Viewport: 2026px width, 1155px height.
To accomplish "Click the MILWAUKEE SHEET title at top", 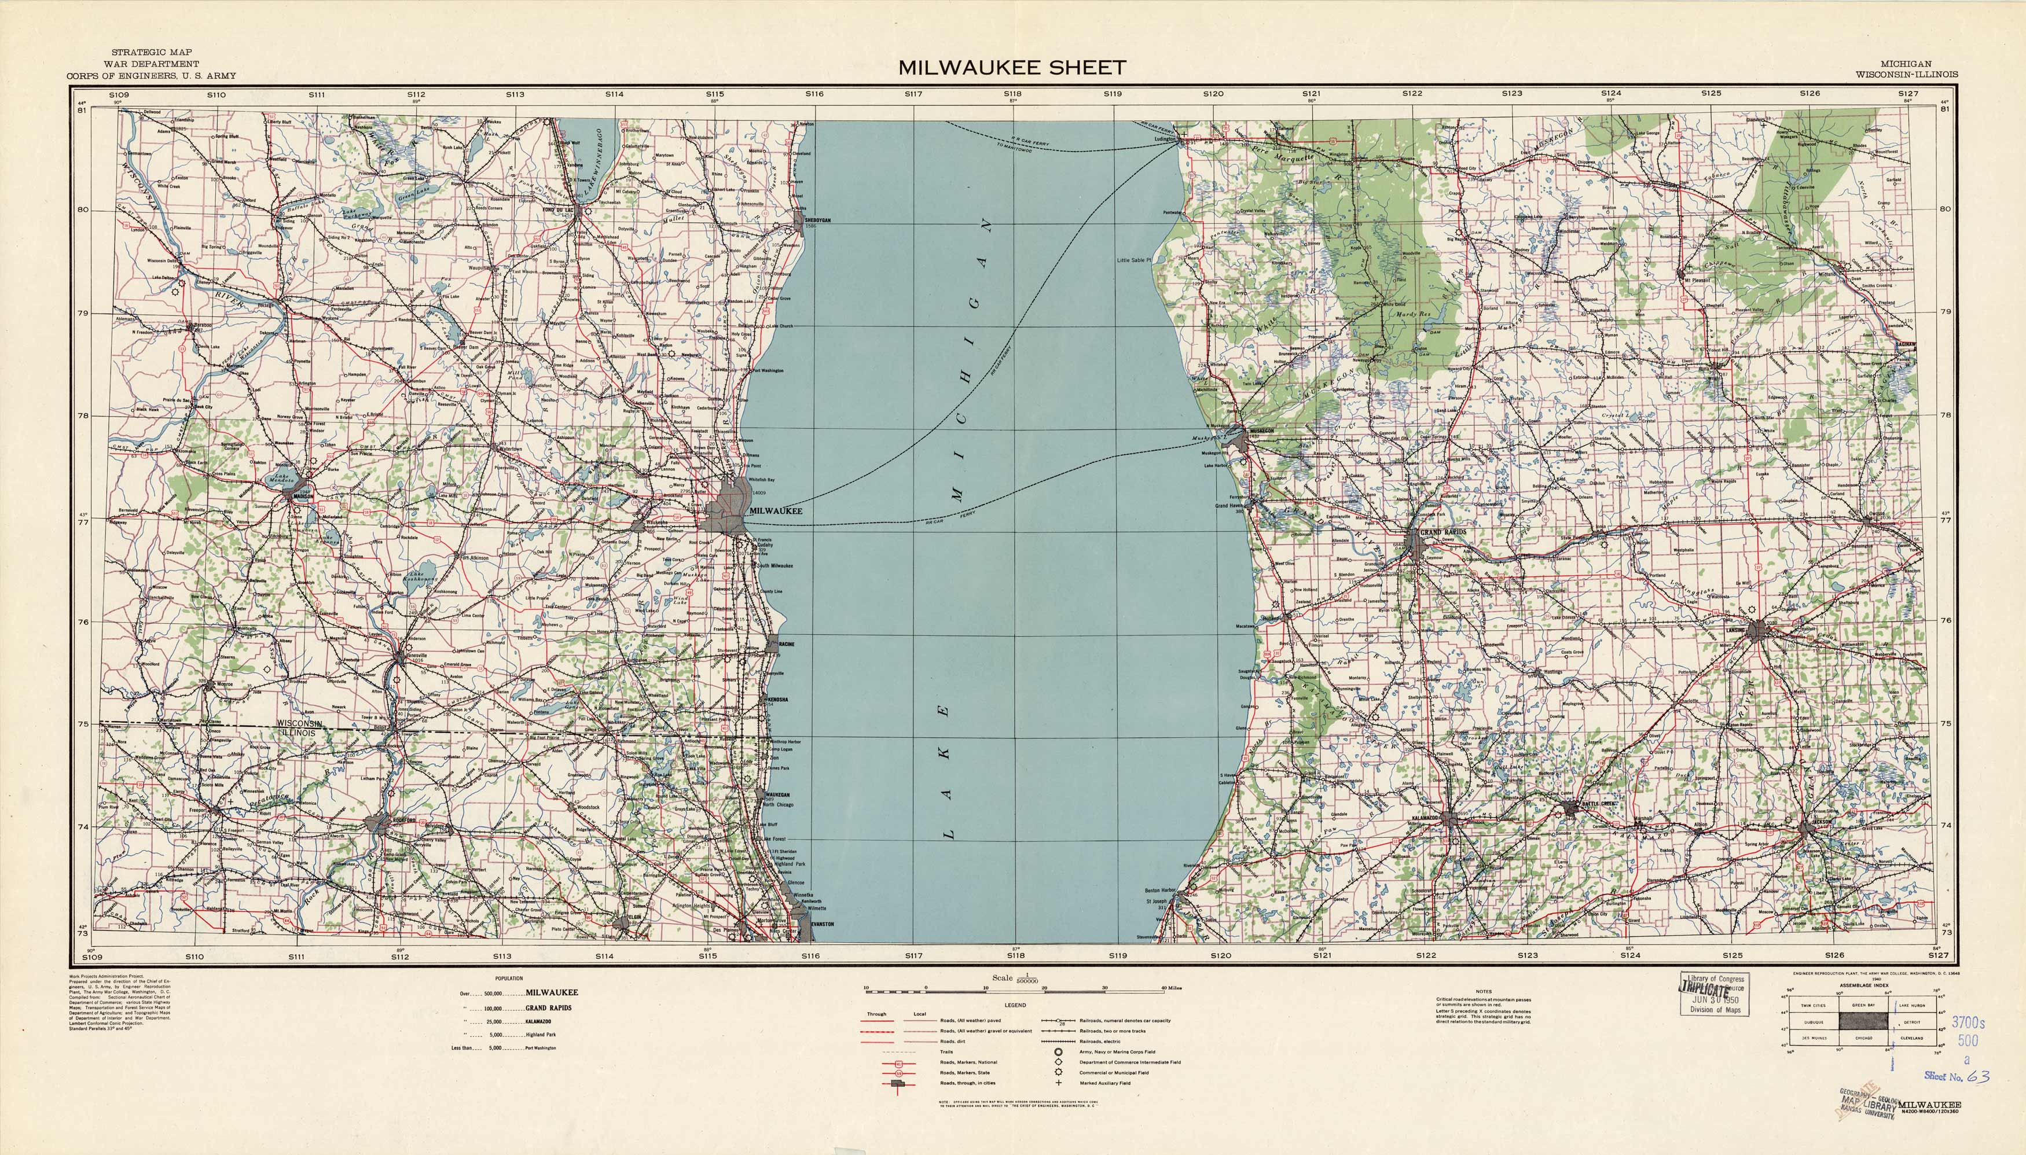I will pos(1012,68).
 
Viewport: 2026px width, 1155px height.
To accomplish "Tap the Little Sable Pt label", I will pos(1133,260).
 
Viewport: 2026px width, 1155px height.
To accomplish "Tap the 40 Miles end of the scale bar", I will pos(1172,988).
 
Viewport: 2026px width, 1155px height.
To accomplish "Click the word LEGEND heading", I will pos(1014,1005).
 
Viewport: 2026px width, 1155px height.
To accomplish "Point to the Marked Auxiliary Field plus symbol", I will pos(1058,1083).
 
